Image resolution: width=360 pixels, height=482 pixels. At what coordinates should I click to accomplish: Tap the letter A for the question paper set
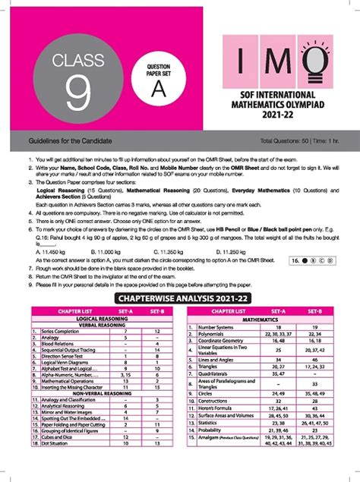point(158,88)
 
